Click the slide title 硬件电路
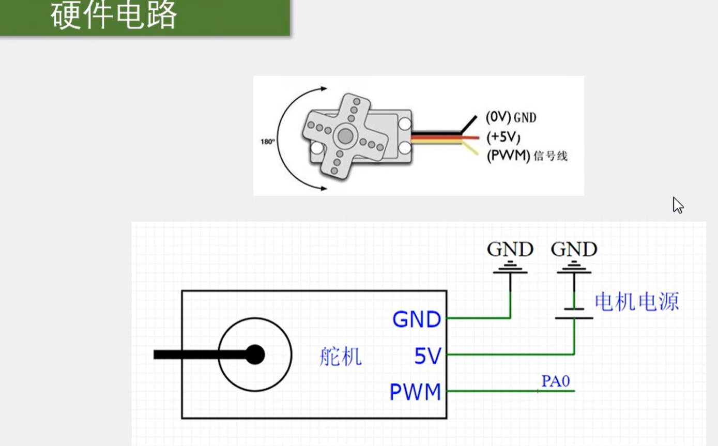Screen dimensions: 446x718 pos(114,16)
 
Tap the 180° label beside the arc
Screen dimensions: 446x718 pos(268,141)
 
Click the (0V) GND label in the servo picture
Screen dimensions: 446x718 pos(511,117)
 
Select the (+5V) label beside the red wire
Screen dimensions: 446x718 pos(503,137)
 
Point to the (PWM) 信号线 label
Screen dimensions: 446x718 pos(527,156)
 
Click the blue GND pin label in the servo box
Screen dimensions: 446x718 pos(417,319)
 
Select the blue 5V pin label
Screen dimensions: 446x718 pos(427,356)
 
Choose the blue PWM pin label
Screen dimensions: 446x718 pos(415,392)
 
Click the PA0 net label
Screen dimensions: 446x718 pos(555,381)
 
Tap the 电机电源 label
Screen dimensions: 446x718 pos(636,301)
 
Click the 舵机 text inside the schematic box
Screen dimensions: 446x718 pos(340,357)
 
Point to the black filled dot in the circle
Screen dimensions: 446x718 pos(254,355)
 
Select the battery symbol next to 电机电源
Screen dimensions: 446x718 pos(574,313)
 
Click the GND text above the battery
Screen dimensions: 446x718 pos(574,250)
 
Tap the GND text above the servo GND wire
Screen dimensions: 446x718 pos(510,250)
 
